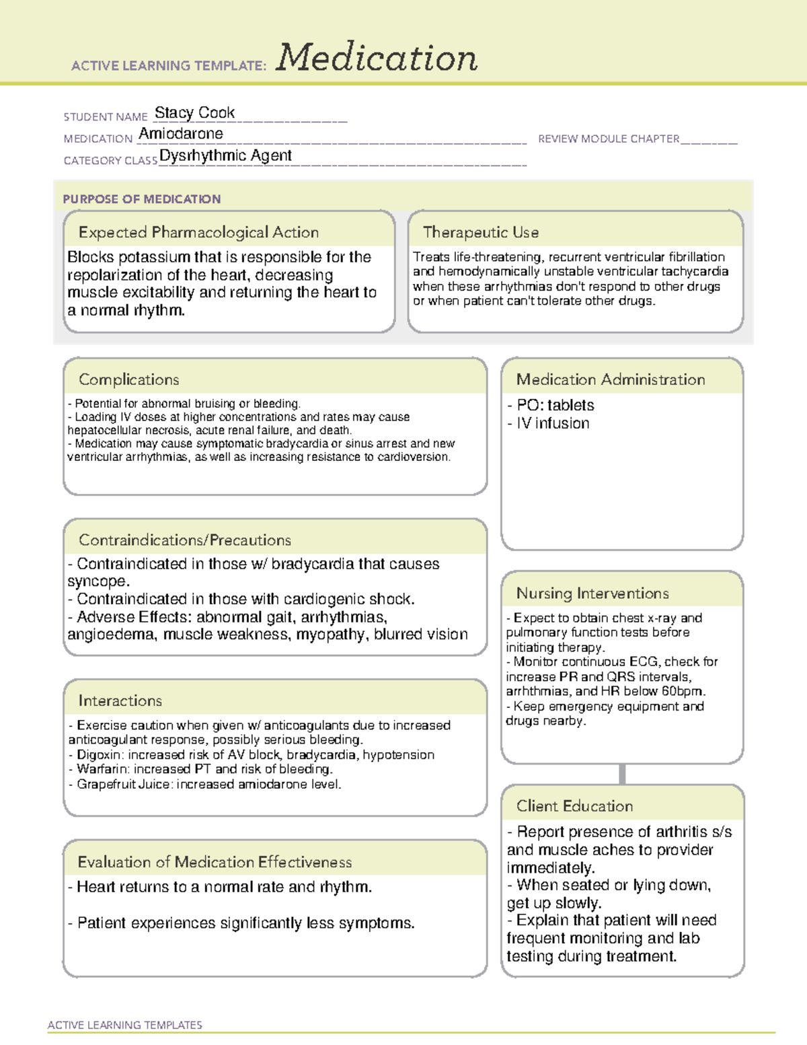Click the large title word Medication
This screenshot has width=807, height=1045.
(377, 58)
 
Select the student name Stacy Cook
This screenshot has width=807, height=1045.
(194, 112)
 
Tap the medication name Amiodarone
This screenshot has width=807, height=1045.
(181, 134)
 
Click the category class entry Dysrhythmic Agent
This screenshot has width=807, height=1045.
(225, 155)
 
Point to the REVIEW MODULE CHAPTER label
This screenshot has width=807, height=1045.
(609, 139)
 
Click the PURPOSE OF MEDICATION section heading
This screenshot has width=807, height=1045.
(142, 199)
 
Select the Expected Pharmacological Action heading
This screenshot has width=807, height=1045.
(198, 232)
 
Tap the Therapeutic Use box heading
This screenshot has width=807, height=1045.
(480, 232)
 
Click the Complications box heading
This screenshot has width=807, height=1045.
(128, 380)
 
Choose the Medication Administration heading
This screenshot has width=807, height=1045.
(610, 380)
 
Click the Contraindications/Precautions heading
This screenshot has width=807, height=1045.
(184, 540)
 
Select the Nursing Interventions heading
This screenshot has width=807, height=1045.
(592, 593)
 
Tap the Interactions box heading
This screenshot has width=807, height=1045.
(120, 700)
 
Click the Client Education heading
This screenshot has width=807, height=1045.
(574, 806)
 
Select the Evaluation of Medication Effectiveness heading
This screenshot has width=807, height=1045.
(215, 862)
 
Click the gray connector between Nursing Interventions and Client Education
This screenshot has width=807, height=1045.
(622, 774)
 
